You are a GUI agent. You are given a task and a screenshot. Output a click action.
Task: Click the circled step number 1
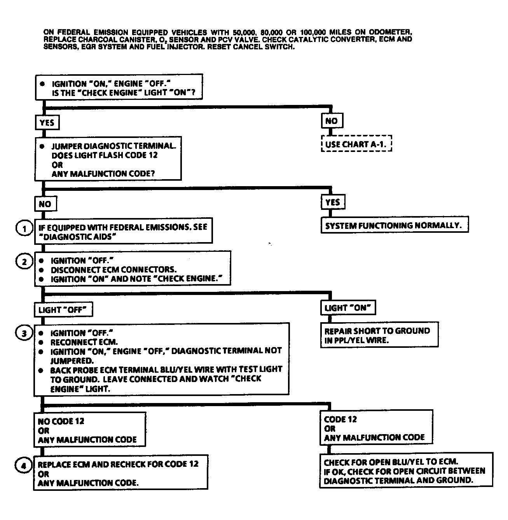coord(24,229)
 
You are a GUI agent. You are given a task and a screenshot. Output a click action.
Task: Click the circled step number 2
coord(24,262)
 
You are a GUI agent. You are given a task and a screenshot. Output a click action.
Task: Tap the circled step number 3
coord(24,333)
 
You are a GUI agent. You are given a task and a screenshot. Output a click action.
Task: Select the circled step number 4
coord(24,465)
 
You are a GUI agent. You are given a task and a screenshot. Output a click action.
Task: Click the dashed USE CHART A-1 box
coord(356,144)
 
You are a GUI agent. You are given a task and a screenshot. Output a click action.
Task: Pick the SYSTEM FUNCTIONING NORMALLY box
coord(394,225)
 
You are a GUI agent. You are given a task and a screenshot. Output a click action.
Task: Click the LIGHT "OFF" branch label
coord(63,310)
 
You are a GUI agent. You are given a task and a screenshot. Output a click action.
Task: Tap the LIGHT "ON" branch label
coord(347,308)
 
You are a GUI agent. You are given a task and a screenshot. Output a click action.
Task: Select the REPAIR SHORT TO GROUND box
coord(379,335)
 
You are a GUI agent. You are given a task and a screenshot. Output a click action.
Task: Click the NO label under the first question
coord(332,121)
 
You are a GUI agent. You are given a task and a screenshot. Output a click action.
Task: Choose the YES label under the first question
coord(47,123)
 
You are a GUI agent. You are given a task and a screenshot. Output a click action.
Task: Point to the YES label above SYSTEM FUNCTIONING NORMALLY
coord(333,202)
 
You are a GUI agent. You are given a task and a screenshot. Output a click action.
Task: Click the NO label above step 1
coord(45,204)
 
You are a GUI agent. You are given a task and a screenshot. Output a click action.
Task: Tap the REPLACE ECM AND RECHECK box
coord(120,473)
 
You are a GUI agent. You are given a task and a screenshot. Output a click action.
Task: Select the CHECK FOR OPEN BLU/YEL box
coord(405,471)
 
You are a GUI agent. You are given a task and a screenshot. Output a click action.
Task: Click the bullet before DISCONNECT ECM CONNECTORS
coord(42,270)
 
